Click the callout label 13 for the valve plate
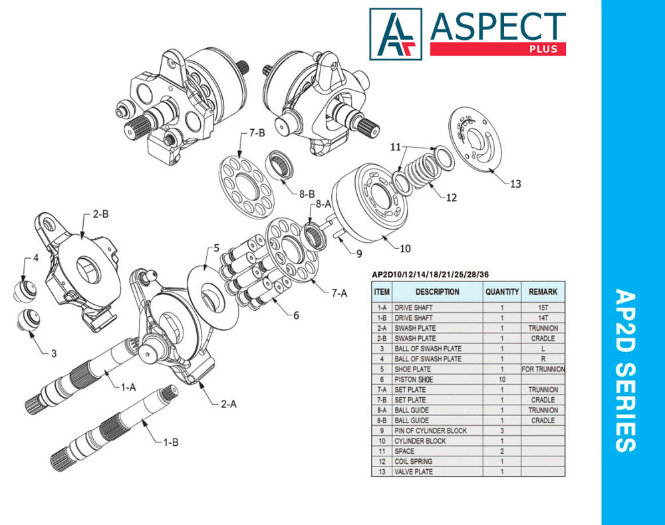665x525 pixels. [x=515, y=184]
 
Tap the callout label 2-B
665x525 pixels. [x=100, y=214]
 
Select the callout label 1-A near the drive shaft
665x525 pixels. [x=128, y=387]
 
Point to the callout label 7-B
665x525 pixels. [x=257, y=133]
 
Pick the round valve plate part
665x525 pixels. [x=475, y=139]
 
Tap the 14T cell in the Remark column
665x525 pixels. [x=543, y=317]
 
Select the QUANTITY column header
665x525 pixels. [x=502, y=291]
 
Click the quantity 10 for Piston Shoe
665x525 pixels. [x=502, y=379]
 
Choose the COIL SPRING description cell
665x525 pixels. [x=414, y=461]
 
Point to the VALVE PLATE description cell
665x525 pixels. [x=414, y=472]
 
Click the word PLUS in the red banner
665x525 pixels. [x=543, y=49]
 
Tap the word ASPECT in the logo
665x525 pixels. [x=498, y=27]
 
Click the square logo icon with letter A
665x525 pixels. [x=396, y=34]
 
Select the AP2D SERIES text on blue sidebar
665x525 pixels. [x=625, y=370]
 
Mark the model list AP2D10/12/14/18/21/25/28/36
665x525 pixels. [x=430, y=275]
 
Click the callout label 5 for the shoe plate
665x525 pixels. [x=216, y=248]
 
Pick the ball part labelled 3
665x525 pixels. [x=28, y=319]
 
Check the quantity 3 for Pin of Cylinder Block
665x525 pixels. [x=502, y=431]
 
